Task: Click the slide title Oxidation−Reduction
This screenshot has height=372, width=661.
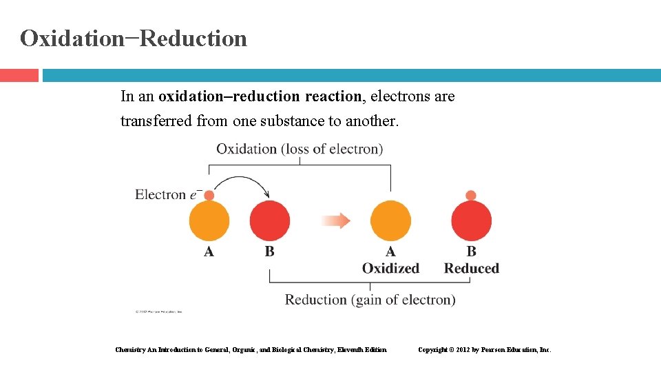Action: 134,39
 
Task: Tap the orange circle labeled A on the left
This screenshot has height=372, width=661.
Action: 209,220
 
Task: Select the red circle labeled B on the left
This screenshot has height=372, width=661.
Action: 269,220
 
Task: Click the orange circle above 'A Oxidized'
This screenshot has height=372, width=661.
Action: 390,220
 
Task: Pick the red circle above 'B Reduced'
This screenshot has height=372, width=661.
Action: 472,220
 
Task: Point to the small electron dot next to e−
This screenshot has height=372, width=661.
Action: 209,196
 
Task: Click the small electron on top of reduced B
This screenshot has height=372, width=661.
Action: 471,195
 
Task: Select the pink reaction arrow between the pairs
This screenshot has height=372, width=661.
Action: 336,220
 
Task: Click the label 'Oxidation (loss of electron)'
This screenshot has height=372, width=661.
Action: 300,149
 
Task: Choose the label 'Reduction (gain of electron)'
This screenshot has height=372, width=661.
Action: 370,300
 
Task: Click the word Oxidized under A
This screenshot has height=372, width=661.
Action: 390,268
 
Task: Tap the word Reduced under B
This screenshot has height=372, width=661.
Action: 472,268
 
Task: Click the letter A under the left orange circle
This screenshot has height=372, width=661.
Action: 209,252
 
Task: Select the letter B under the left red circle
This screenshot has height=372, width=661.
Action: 269,252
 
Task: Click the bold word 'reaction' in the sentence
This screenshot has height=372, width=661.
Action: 333,96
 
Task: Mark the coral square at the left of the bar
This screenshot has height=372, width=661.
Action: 19,75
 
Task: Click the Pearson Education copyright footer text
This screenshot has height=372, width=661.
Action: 485,350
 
